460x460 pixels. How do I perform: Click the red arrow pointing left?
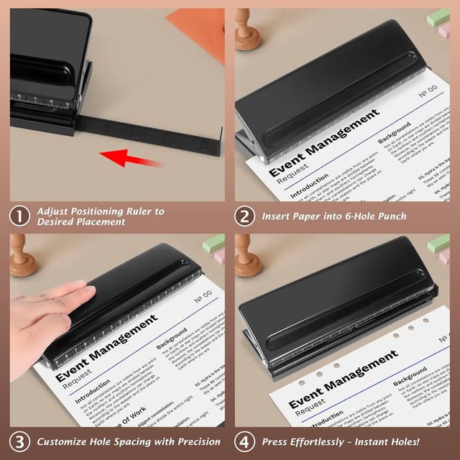click(x=130, y=156)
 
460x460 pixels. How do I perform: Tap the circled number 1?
click(x=20, y=216)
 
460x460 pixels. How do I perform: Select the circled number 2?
click(x=246, y=216)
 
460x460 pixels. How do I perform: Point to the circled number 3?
click(x=20, y=441)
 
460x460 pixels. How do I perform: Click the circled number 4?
click(x=246, y=441)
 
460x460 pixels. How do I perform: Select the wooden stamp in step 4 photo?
click(x=247, y=255)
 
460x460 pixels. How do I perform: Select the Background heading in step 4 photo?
click(x=410, y=375)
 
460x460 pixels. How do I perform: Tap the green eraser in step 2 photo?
click(x=438, y=17)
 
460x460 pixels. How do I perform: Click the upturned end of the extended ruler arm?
click(x=216, y=143)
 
